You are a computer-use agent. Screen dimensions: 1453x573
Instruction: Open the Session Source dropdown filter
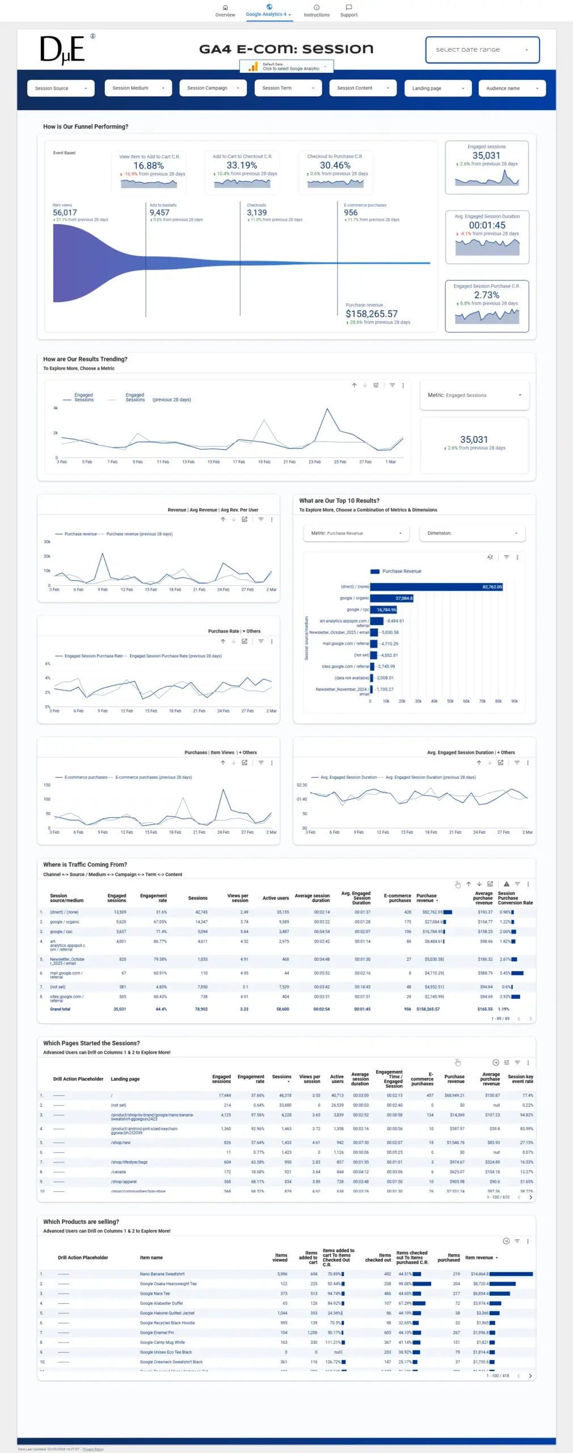tap(61, 88)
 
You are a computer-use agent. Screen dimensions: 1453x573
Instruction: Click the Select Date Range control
tap(482, 50)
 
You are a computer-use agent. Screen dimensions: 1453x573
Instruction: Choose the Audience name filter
tap(512, 88)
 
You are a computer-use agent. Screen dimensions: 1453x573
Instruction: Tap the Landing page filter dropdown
tap(437, 88)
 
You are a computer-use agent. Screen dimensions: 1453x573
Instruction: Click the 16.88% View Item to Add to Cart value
tap(149, 166)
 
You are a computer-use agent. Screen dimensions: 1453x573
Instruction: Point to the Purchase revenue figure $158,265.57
tap(372, 314)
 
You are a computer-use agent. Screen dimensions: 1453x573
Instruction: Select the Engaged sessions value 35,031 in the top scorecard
tap(486, 156)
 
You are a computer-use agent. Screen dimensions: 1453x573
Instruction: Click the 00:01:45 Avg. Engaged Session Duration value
tap(487, 225)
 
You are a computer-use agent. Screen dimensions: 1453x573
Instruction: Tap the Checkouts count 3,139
tap(256, 213)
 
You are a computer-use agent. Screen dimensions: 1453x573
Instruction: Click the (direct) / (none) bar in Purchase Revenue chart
tap(436, 587)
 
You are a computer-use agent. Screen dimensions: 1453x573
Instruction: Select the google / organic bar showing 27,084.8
tap(391, 598)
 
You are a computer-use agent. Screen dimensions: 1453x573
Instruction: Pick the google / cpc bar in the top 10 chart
tap(384, 610)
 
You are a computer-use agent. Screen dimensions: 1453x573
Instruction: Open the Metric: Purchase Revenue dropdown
tap(356, 534)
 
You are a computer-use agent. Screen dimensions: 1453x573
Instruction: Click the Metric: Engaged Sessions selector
tap(474, 395)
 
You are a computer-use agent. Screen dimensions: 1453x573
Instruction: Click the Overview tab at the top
tap(225, 11)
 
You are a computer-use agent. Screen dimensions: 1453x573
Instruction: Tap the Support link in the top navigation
tap(349, 11)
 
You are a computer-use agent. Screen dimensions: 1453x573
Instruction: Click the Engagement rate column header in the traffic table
tap(154, 898)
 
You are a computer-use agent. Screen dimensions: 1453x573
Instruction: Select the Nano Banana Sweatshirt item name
tap(162, 1274)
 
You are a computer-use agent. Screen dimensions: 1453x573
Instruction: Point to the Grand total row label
tap(60, 1009)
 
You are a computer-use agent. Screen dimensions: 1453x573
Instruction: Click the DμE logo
tap(62, 50)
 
